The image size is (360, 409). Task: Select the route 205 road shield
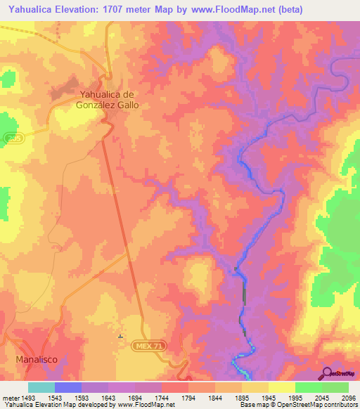tap(12, 141)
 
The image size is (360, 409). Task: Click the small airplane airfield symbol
tap(120, 337)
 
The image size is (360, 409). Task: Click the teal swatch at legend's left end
tap(41, 387)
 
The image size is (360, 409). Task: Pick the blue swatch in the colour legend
tap(67, 387)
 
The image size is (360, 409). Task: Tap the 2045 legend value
tap(308, 398)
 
